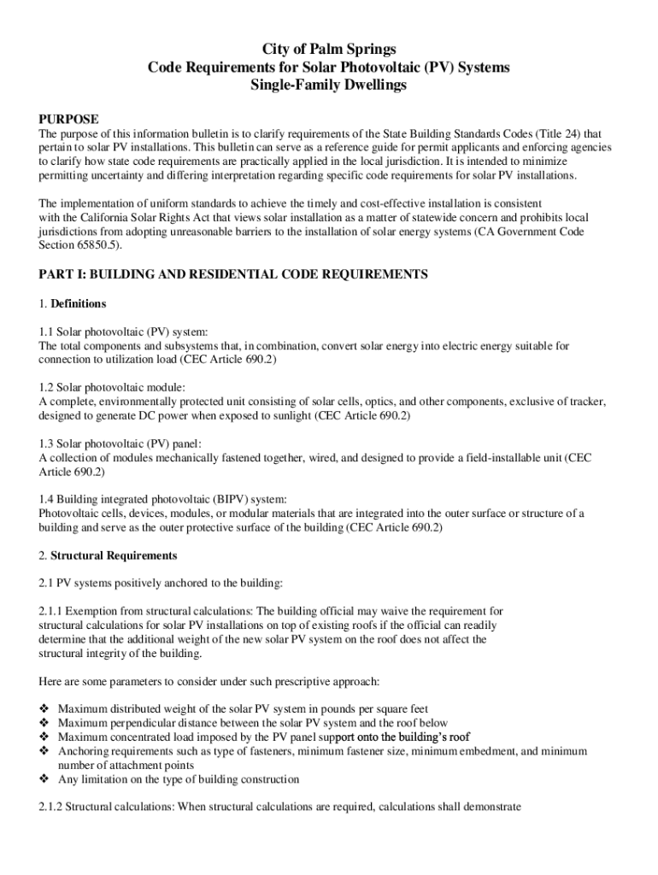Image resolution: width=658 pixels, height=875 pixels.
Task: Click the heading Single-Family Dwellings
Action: point(329,85)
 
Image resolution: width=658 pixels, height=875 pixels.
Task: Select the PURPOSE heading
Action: point(69,119)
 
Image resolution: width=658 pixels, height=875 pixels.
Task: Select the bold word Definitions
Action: point(79,303)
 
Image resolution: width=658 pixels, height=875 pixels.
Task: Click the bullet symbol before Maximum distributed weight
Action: point(44,708)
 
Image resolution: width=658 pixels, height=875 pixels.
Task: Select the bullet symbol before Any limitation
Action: point(44,779)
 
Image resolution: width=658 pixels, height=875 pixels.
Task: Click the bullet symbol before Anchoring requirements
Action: point(44,750)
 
